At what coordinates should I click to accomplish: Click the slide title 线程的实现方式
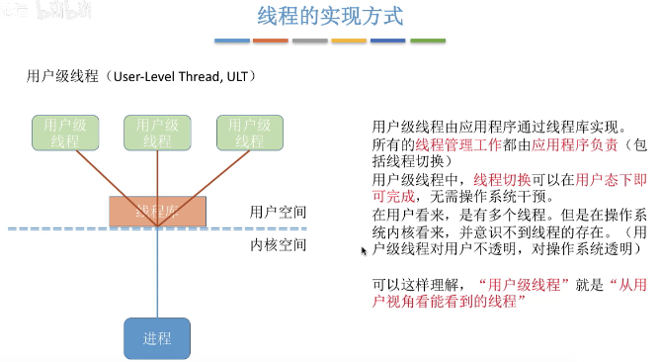(x=330, y=18)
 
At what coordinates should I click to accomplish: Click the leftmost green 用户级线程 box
(x=65, y=133)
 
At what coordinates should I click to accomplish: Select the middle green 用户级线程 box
(x=158, y=133)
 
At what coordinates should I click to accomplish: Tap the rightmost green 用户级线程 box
(x=250, y=133)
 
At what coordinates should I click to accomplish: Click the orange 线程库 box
(x=157, y=211)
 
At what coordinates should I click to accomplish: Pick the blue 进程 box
(x=157, y=338)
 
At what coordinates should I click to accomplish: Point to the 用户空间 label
(x=278, y=212)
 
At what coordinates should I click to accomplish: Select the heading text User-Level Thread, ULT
(x=188, y=76)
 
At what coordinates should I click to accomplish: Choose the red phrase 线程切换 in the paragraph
(x=501, y=180)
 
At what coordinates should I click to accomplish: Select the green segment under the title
(x=428, y=42)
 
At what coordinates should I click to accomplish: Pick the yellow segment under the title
(x=349, y=42)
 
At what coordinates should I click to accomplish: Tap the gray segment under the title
(x=310, y=42)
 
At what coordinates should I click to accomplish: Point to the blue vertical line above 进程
(x=157, y=277)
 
